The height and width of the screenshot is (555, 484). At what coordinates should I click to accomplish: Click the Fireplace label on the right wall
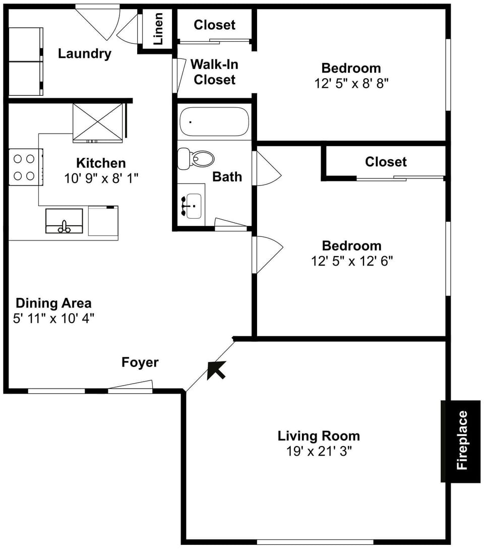pos(462,441)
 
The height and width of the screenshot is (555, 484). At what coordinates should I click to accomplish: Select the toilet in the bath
pos(196,159)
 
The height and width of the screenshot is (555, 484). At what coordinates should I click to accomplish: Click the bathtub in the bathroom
pos(214,121)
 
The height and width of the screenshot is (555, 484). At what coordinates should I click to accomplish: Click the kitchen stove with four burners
pos(25,167)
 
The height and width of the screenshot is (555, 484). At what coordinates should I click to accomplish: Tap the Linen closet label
pos(158,29)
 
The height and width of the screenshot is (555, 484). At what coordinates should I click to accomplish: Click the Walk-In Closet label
pos(215,72)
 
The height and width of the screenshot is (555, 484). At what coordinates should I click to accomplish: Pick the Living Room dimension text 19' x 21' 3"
pos(319,451)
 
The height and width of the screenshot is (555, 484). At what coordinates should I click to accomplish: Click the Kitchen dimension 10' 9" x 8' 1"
pos(101,178)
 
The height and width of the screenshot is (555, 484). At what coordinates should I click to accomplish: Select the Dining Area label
pos(53,303)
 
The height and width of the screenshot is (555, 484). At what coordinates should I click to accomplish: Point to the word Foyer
pos(140,362)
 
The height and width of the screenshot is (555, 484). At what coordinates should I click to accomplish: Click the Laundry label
pos(84,53)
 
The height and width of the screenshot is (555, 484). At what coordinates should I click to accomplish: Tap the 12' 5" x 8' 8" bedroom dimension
pos(351,83)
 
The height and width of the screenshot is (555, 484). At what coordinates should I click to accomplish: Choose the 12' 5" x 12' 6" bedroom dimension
pos(351,261)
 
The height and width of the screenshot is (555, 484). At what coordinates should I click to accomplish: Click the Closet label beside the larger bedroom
pos(386,162)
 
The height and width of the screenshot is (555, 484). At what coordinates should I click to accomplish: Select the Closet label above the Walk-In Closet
pos(214,25)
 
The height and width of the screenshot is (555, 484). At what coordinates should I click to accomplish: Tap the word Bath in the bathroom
pos(227,176)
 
